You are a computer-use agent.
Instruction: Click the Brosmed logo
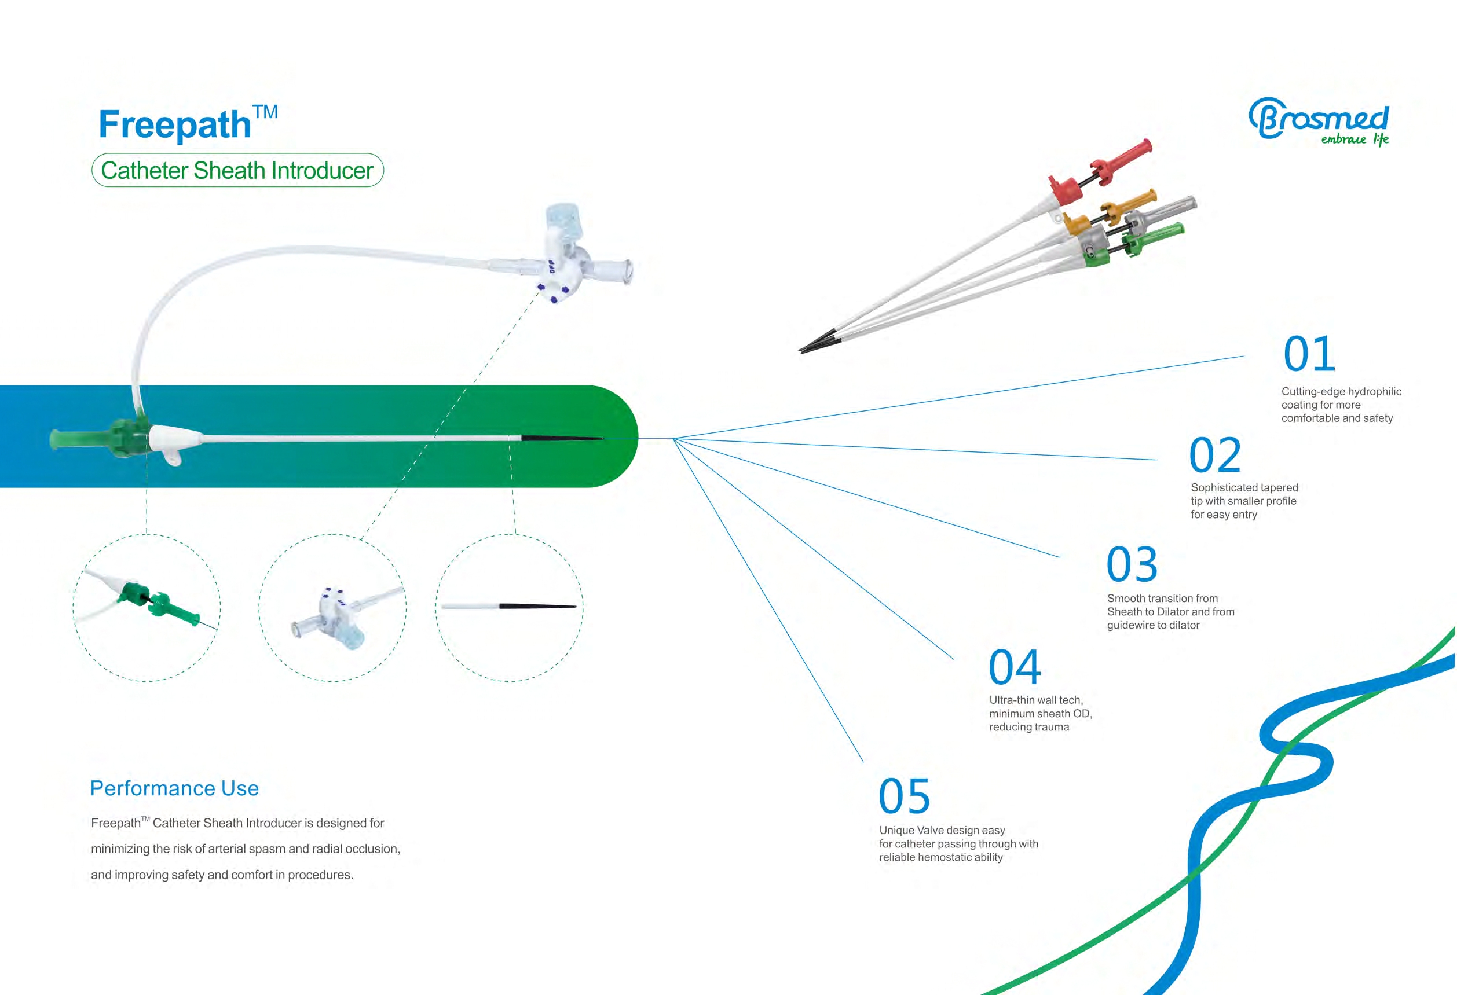[1319, 122]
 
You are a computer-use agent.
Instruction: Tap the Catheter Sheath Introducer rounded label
[237, 170]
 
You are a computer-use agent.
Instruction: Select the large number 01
[1309, 354]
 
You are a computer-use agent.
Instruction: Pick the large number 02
[1215, 456]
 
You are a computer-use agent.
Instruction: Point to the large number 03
[1132, 564]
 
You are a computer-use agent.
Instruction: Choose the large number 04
[1015, 667]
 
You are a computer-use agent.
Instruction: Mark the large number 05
[905, 796]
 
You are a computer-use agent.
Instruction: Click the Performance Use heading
[174, 788]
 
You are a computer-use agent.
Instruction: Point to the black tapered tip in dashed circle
[538, 607]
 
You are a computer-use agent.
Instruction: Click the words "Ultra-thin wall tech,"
[1035, 700]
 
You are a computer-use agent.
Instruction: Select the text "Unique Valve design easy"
[942, 829]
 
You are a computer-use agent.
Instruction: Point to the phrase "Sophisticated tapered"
[1244, 487]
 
